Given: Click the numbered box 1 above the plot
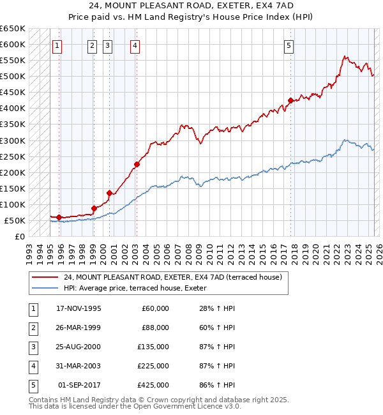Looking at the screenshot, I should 57,45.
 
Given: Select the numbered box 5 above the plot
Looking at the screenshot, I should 289,45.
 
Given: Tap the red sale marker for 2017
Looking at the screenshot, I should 290,100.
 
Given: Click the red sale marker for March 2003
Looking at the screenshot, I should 137,164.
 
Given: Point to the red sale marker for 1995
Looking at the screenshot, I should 59,217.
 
